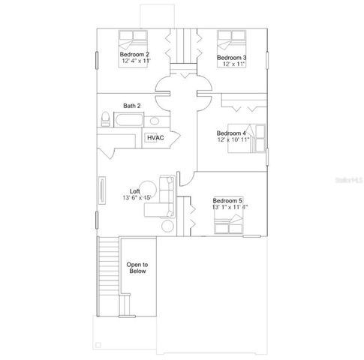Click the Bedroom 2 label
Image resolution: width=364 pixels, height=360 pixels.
tap(135, 55)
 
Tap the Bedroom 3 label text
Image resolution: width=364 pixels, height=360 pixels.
tap(232, 58)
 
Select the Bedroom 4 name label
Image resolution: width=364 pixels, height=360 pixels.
tap(232, 133)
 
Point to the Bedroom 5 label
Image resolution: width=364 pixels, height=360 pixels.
tap(228, 200)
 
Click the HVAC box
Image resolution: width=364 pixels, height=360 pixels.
tap(155, 138)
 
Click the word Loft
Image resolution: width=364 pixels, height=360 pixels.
tap(134, 190)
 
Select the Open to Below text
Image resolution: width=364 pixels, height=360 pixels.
tap(137, 268)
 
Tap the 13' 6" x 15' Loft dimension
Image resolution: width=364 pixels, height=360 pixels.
tap(137, 198)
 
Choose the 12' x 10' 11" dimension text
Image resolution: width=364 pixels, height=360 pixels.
tap(234, 140)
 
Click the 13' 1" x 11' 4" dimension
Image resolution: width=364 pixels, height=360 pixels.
tap(230, 208)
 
